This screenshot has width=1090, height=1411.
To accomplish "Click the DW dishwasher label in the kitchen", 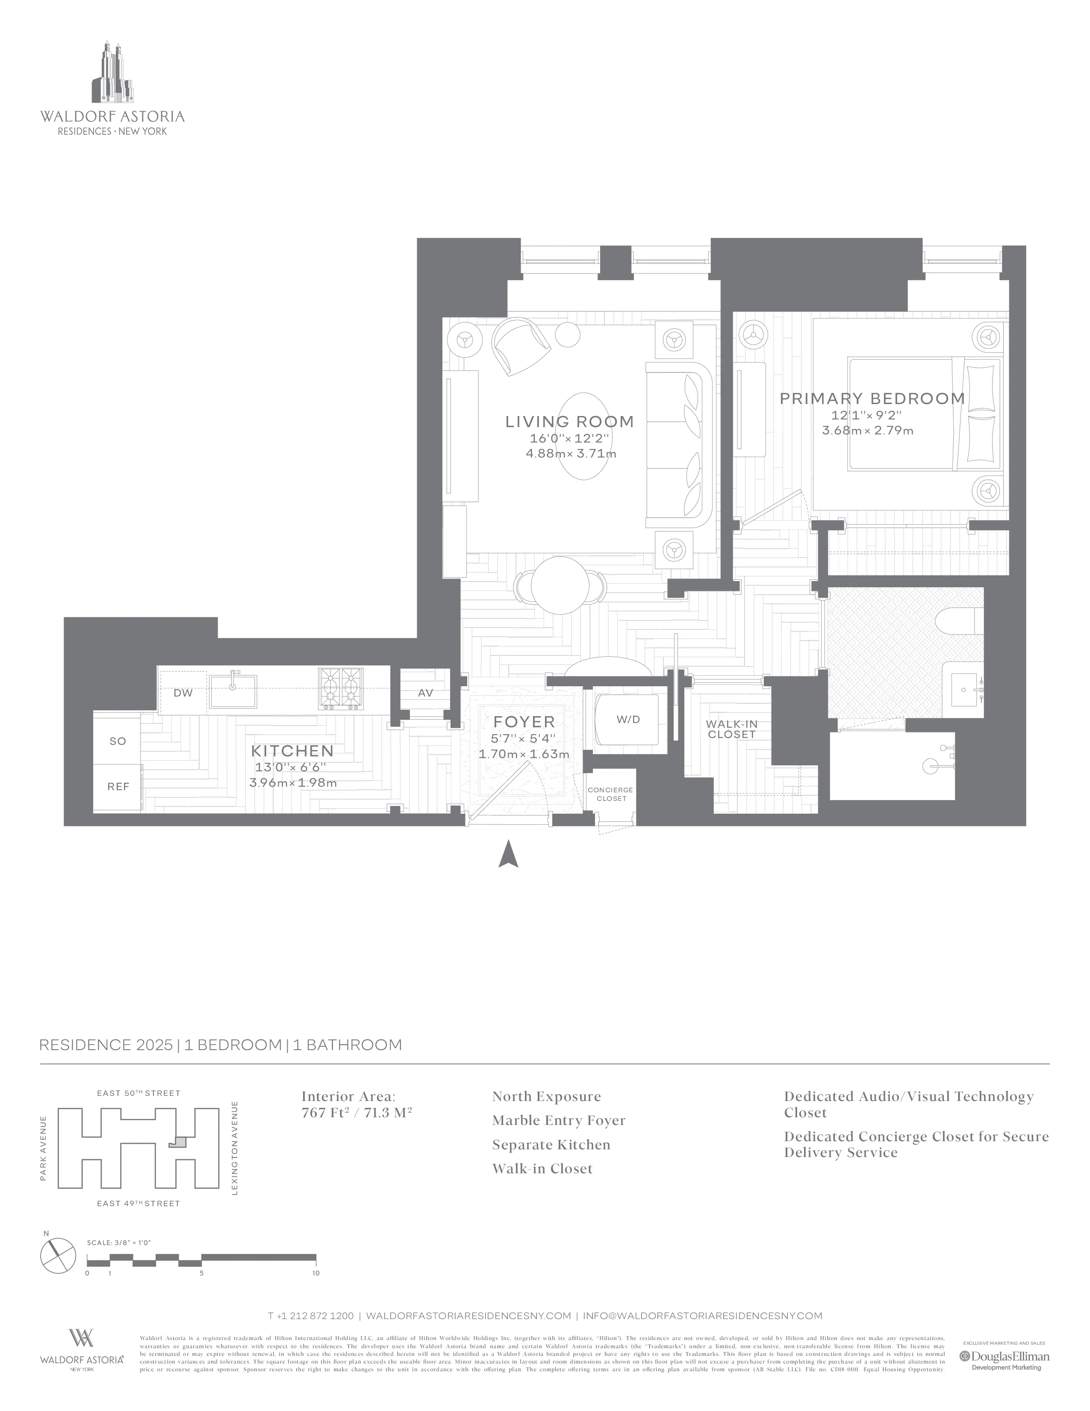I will [183, 693].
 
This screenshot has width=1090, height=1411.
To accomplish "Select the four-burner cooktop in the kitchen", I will [341, 689].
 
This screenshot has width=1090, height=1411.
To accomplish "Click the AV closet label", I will [425, 693].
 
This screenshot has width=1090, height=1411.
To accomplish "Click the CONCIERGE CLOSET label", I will [611, 794].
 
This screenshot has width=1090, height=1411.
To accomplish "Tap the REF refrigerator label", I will [118, 786].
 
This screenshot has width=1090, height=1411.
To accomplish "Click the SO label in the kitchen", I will [118, 741].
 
